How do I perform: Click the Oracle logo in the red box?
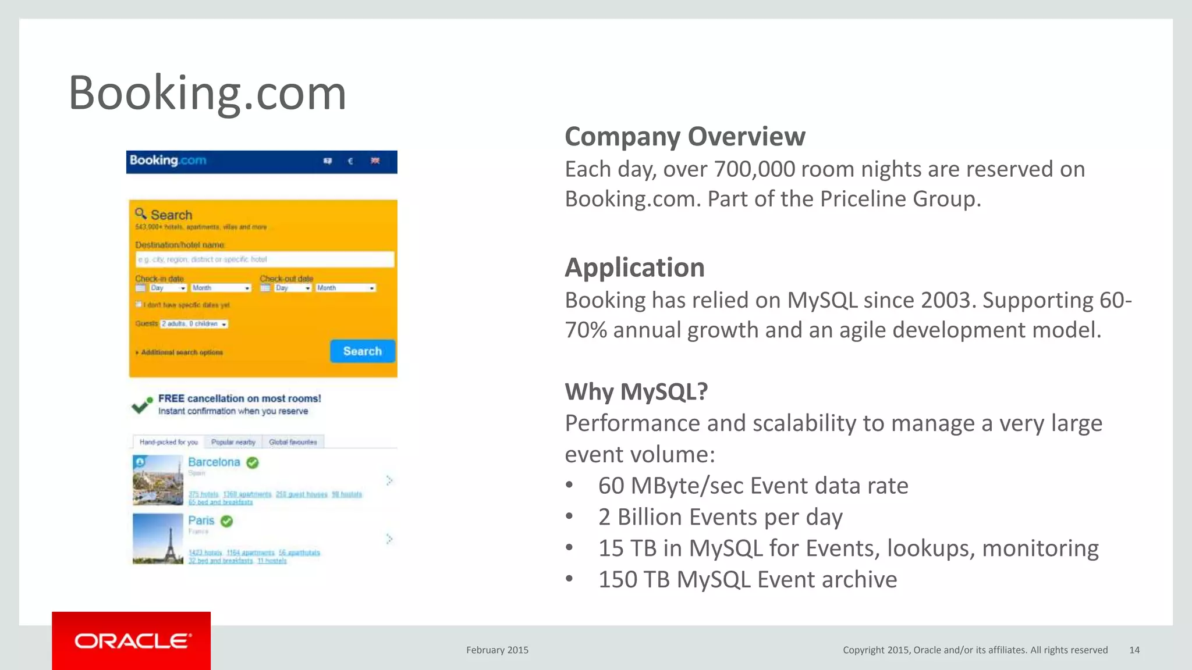click(x=132, y=641)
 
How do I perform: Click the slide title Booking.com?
click(x=207, y=93)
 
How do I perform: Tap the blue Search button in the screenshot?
click(x=362, y=351)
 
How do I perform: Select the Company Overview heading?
click(x=684, y=137)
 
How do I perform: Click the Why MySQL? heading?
click(x=636, y=391)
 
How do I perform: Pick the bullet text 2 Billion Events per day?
click(x=720, y=517)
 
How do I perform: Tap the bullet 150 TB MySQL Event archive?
click(x=747, y=580)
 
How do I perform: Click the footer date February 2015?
click(x=497, y=650)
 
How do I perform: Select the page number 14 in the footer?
click(x=1134, y=650)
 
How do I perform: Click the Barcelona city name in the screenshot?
click(x=214, y=462)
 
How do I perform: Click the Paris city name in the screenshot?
click(x=201, y=521)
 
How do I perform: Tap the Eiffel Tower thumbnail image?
click(x=158, y=539)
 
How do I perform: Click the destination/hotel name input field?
click(x=264, y=259)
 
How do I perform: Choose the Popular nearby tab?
click(x=233, y=442)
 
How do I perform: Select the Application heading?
click(x=634, y=268)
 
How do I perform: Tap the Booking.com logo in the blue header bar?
click(x=168, y=161)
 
